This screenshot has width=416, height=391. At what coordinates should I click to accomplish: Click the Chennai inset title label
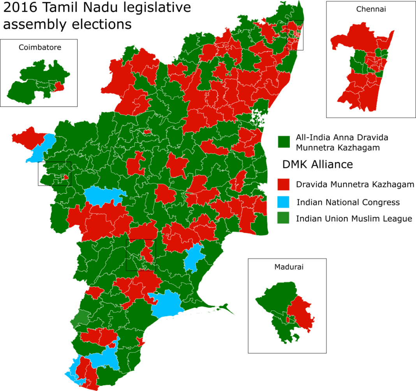pos(370,9)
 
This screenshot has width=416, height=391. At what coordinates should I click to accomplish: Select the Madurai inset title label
pos(289,267)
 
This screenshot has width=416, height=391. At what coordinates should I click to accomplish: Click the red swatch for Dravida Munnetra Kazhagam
pos(284,184)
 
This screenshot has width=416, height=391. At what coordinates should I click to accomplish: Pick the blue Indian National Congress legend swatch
pos(284,202)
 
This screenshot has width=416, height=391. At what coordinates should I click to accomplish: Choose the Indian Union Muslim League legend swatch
pos(284,218)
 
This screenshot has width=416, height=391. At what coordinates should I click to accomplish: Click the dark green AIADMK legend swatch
pos(284,142)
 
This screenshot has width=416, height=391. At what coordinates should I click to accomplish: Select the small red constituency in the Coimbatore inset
pos(59,86)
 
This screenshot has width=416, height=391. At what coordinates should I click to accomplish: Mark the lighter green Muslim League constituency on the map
pos(79,319)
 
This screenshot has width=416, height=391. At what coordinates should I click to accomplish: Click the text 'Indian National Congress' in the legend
pos(348,202)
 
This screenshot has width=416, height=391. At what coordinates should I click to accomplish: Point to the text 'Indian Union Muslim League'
pos(354,219)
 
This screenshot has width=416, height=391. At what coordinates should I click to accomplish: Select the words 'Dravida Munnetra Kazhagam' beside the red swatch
pos(354,184)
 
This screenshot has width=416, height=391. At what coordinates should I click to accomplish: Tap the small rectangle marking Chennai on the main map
pos(295,35)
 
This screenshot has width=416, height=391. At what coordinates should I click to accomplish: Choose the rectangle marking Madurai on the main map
pos(141,255)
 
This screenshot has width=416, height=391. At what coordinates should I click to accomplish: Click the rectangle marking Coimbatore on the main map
pos(54,174)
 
